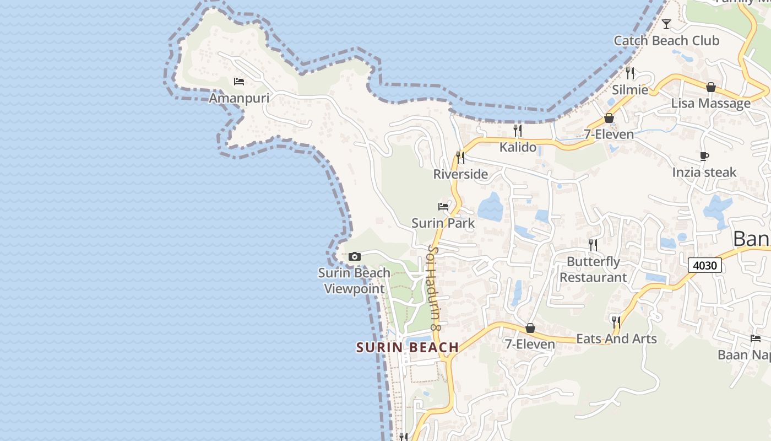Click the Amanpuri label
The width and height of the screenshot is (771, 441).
tap(239, 98)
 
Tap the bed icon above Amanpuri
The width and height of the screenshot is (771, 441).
tap(239, 82)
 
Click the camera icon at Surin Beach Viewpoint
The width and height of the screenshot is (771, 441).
tap(355, 256)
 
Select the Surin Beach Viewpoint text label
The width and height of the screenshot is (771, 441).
tap(354, 281)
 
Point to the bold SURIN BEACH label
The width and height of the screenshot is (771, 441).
tap(408, 347)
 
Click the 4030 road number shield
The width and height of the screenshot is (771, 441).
tap(705, 266)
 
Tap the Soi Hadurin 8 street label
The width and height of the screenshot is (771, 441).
tap(435, 288)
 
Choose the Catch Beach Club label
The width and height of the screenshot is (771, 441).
tap(666, 40)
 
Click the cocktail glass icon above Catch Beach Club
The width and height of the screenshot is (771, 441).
tap(666, 24)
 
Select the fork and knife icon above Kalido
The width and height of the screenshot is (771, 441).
tap(517, 131)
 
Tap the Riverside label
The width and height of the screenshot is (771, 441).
tap(460, 174)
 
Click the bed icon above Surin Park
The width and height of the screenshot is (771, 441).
tap(443, 207)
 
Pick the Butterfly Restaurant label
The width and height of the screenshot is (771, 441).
tap(593, 270)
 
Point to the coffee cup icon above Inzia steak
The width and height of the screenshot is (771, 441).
tap(704, 156)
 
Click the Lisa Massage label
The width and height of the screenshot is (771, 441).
tap(710, 103)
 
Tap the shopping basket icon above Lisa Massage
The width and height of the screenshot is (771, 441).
tap(711, 87)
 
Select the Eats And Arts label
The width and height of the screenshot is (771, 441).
tap(616, 338)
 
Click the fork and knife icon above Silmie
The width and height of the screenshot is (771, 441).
tap(630, 73)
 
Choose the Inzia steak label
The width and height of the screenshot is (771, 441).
tap(704, 173)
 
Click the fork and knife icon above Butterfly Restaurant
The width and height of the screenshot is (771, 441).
tap(593, 245)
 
